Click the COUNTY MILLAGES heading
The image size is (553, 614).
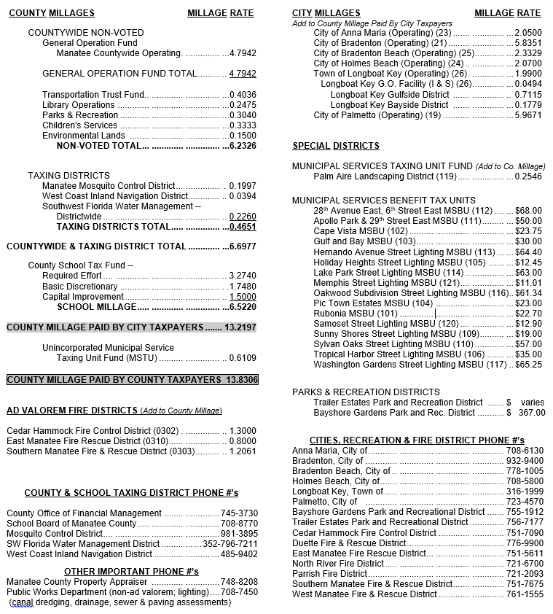pos(51,13)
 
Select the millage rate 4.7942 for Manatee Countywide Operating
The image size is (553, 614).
pos(243,53)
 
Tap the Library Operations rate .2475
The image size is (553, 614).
pos(243,105)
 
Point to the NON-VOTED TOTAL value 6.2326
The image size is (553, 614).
pos(243,146)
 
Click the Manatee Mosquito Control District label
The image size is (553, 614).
pos(109,186)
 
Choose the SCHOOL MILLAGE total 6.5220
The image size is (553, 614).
pos(243,307)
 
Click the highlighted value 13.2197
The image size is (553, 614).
pos(240,327)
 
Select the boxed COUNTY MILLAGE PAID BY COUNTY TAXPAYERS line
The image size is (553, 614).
pos(132,380)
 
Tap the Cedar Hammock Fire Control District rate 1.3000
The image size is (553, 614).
pos(243,431)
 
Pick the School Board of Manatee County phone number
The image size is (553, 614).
pos(239,524)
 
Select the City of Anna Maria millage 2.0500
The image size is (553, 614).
pos(528,33)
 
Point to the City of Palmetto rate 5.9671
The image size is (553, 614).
pos(528,115)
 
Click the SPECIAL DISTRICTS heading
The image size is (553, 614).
pos(335,146)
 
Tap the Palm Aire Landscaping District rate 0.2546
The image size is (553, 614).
pos(528,176)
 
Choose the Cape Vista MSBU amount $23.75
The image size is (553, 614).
pos(528,231)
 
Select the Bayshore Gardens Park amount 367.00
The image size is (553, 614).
pos(531,413)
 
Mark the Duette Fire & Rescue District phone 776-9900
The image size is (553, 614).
pos(525,543)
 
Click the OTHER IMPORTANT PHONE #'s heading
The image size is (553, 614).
pos(131,571)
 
